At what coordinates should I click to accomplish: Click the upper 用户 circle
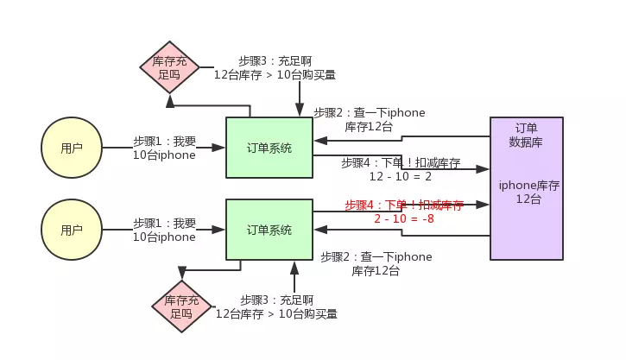point(72,148)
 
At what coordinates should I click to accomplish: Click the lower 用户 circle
point(72,230)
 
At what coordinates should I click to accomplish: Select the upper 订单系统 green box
point(269,148)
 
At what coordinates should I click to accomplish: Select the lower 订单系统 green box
point(269,230)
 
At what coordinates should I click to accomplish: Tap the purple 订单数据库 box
point(527,188)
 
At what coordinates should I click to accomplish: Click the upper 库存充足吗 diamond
point(170,67)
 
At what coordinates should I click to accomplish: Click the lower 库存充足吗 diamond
point(181,306)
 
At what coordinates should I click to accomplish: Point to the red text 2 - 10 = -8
point(404,218)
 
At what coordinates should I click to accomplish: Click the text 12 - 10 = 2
point(401,176)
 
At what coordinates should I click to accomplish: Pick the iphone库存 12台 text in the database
point(529,192)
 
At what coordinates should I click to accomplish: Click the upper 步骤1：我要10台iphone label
point(164,148)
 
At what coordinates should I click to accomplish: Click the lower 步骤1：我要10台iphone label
point(164,230)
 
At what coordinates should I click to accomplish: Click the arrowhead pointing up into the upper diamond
point(170,102)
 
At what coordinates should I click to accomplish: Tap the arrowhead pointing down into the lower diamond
point(182,273)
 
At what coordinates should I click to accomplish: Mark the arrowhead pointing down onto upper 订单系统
point(300,111)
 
